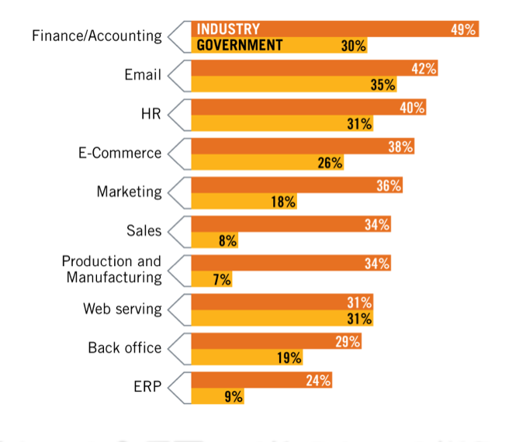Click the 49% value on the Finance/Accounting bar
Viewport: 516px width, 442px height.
[463, 29]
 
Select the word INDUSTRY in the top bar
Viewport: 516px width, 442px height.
[227, 29]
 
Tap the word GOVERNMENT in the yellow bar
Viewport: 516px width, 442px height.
[239, 45]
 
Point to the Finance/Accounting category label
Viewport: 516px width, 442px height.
[97, 36]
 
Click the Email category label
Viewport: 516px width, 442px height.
[142, 75]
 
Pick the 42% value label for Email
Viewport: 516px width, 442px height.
[424, 69]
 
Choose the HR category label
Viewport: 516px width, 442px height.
[151, 114]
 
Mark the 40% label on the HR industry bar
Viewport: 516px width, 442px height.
[413, 108]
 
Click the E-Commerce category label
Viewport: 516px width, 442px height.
[119, 153]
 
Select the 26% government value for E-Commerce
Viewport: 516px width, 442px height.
[331, 163]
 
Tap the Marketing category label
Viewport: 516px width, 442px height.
[129, 192]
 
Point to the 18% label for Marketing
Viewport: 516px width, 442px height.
[283, 202]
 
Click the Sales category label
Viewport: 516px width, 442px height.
[144, 230]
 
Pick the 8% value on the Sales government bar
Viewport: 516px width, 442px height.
[227, 241]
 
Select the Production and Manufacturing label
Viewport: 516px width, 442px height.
[112, 269]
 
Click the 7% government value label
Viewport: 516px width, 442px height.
[222, 280]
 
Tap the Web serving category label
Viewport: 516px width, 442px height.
[123, 309]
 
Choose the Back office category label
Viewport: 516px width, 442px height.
[124, 347]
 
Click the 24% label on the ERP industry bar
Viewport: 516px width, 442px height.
[318, 381]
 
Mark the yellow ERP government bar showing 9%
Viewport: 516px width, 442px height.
[218, 396]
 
